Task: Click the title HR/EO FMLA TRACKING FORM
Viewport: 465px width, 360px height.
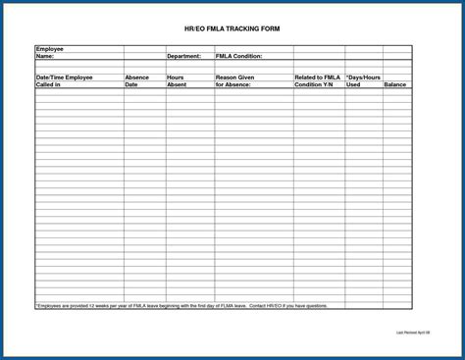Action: (x=232, y=29)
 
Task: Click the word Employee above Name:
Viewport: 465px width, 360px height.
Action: (x=51, y=48)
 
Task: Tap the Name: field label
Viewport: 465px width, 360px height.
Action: (x=45, y=56)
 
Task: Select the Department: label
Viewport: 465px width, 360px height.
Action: (x=183, y=56)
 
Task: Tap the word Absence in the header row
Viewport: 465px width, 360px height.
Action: (x=137, y=77)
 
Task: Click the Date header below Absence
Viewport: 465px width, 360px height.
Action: (x=131, y=84)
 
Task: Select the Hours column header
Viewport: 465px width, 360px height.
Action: (x=176, y=77)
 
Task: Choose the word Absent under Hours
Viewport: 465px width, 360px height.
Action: (x=177, y=84)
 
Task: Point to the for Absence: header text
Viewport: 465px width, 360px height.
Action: (x=233, y=84)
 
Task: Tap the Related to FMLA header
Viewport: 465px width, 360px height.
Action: (x=318, y=77)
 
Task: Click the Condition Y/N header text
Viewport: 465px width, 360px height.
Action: (x=315, y=84)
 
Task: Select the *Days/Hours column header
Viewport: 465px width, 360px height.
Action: (x=363, y=77)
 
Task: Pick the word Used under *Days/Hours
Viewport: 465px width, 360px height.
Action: (x=353, y=84)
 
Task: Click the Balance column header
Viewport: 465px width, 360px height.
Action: (x=395, y=84)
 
